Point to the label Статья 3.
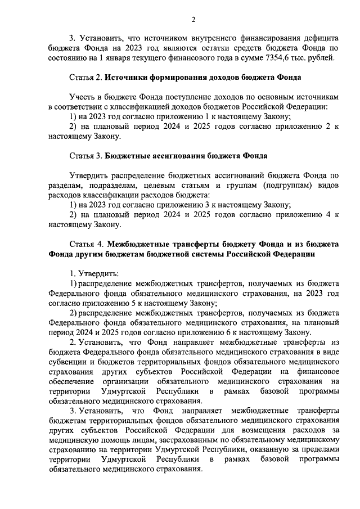click(86, 155)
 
